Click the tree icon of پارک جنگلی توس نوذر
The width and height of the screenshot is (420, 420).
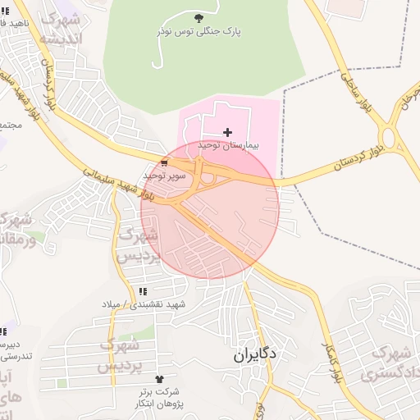(x=198, y=18)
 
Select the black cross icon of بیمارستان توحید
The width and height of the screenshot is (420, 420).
(x=227, y=132)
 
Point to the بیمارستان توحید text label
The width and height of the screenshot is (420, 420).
(x=227, y=145)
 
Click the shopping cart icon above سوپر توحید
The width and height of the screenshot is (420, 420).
(x=165, y=162)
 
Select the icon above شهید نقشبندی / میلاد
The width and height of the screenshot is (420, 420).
(x=144, y=291)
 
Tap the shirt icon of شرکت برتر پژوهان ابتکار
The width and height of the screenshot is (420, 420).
(x=159, y=380)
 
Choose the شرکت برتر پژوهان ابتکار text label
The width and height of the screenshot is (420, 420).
(x=159, y=398)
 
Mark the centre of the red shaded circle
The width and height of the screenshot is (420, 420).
(x=210, y=210)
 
